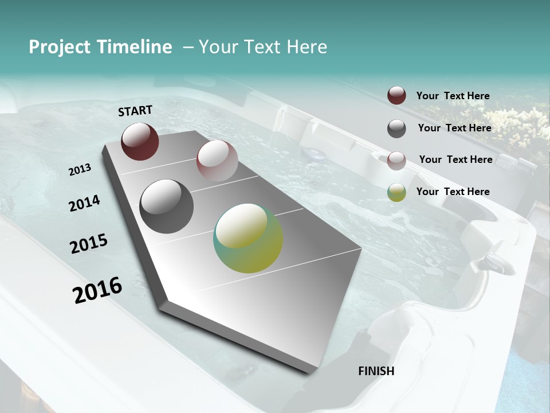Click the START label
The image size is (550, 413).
point(135,110)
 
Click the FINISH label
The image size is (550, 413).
point(376,371)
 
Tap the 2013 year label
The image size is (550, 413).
point(80,169)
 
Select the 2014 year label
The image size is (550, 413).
point(84,203)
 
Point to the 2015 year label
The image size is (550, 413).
point(89,244)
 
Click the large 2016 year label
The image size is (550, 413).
point(97,290)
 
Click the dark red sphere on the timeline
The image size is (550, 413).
point(140,141)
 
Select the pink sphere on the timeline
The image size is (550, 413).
point(217,161)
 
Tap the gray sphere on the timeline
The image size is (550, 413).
point(166,206)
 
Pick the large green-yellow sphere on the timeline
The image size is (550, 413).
point(248,238)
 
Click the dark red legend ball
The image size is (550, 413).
point(396,96)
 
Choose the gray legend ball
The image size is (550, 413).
point(396,128)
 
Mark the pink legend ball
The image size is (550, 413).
point(396,160)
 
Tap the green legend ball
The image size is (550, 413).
point(396,192)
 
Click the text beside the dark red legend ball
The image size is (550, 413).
point(453,96)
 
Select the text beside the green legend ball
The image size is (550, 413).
point(453,192)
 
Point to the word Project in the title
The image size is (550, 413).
point(60,47)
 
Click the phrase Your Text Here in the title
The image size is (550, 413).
point(263,47)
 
